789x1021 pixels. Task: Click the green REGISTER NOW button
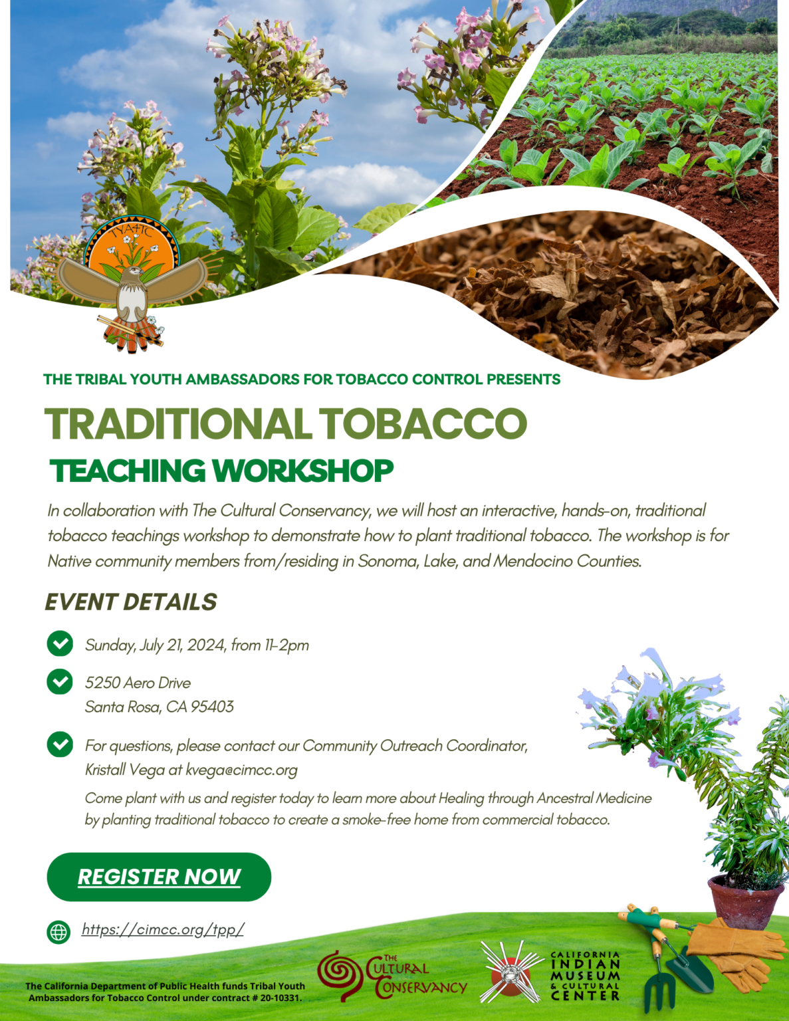[159, 877]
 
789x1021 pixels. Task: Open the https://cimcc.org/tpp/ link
[163, 929]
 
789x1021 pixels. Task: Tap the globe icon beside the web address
[58, 932]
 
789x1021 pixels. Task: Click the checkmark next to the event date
[60, 643]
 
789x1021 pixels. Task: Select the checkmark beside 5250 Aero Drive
[60, 681]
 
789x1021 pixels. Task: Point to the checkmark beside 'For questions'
[60, 744]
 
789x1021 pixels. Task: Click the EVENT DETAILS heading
[131, 602]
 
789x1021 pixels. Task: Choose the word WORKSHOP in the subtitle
[302, 471]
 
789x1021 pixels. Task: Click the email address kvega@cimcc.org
[241, 770]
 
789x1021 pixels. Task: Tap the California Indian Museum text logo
[585, 976]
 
